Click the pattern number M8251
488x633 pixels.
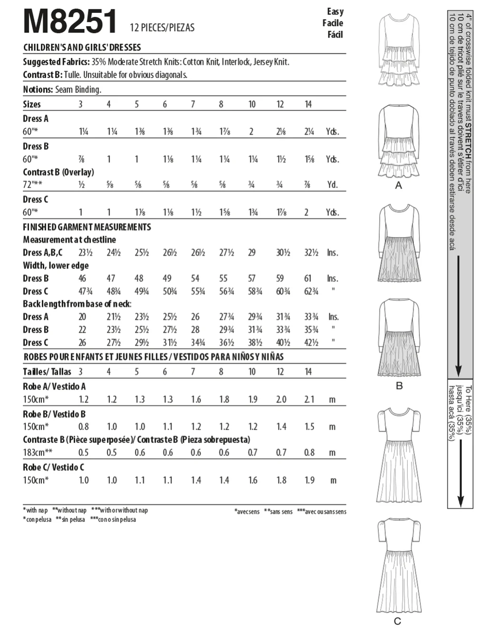[x=70, y=21]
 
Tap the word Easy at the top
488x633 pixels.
[x=335, y=11]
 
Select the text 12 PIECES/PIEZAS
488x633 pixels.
[x=162, y=28]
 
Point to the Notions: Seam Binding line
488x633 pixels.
[x=62, y=89]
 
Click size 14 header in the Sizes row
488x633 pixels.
[x=308, y=104]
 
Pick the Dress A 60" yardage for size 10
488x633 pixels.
[x=251, y=132]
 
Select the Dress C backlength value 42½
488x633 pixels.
[x=311, y=342]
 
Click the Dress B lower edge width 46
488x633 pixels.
[x=82, y=278]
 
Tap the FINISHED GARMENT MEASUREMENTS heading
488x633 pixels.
[x=87, y=227]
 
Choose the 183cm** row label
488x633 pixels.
[x=38, y=452]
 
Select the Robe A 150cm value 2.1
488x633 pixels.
[x=309, y=399]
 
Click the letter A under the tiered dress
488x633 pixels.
[x=399, y=185]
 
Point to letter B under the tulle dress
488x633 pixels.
[x=399, y=385]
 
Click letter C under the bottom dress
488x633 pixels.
[x=398, y=621]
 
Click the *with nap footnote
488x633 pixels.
[x=36, y=510]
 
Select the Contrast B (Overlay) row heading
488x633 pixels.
[x=58, y=172]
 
